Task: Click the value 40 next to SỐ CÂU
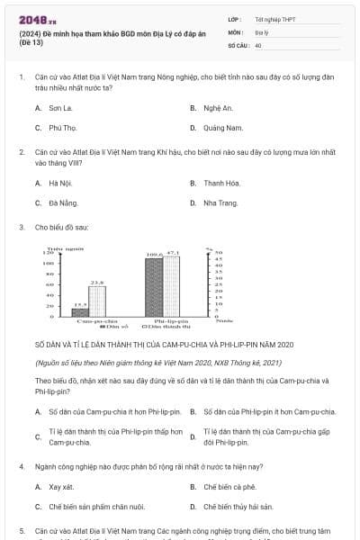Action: [x=258, y=44]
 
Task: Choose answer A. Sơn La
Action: [x=53, y=107]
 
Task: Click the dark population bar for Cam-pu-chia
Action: [x=78, y=310]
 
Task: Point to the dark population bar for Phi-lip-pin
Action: [x=154, y=286]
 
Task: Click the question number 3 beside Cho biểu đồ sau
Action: [x=21, y=228]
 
